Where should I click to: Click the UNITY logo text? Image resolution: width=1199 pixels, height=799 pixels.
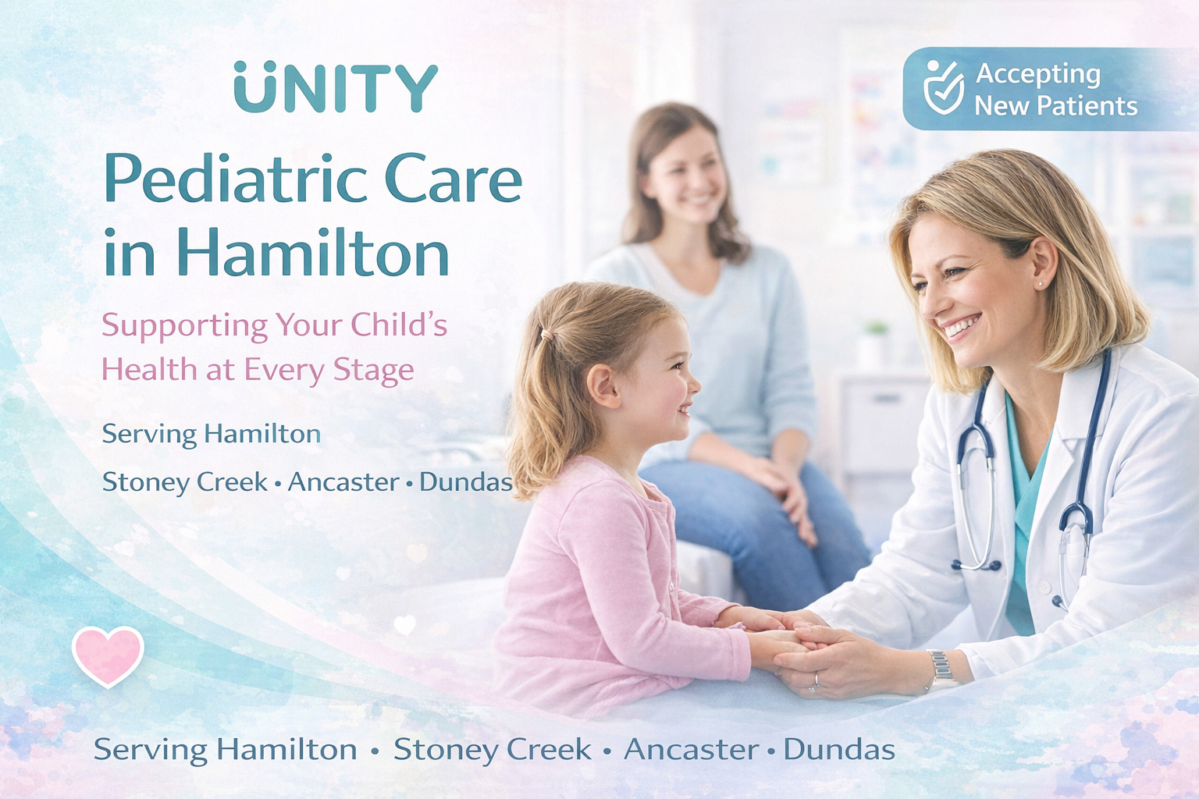pos(336,87)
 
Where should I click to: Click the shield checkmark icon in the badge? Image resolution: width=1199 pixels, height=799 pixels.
pos(944,87)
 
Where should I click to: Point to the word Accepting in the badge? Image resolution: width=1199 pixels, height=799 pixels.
pos(1038,76)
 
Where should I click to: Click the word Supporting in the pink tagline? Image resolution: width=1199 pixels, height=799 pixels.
pos(184,326)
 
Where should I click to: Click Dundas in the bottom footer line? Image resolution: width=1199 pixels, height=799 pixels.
pos(839,749)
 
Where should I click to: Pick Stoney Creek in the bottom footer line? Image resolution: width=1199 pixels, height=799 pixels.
pos(493,750)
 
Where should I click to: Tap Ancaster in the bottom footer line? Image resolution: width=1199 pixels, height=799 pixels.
pos(692,749)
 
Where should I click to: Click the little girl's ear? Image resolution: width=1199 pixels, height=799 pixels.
pos(603,385)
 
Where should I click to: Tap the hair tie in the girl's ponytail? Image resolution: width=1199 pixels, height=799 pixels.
pos(546,335)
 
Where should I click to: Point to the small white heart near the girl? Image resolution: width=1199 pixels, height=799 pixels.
pos(404,624)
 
